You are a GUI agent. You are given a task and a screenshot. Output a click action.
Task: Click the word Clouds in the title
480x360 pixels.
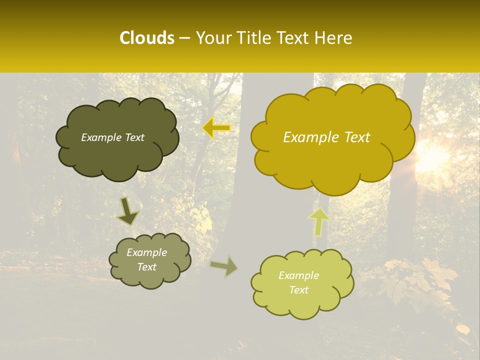click(146, 38)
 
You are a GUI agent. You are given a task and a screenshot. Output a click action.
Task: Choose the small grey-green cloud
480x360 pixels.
click(150, 277)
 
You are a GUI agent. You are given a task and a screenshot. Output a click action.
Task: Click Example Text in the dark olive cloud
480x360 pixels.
click(112, 137)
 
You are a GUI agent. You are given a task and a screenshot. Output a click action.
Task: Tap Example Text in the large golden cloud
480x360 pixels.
click(326, 137)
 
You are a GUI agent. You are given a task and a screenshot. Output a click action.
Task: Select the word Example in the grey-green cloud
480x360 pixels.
click(146, 252)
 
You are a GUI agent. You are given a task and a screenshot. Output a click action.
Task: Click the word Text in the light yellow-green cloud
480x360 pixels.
click(298, 290)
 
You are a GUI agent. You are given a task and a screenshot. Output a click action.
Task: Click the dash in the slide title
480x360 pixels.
click(184, 38)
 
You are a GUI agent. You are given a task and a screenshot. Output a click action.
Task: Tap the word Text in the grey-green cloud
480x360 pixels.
click(146, 267)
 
